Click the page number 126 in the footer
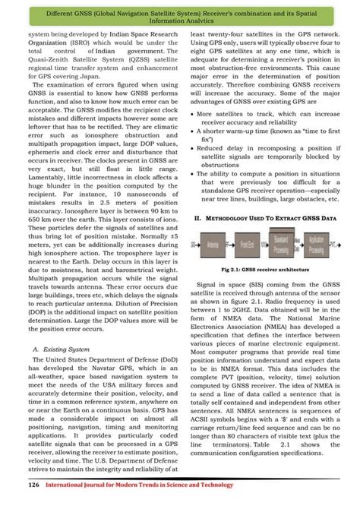(34, 484)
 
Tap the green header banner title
(180, 16)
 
